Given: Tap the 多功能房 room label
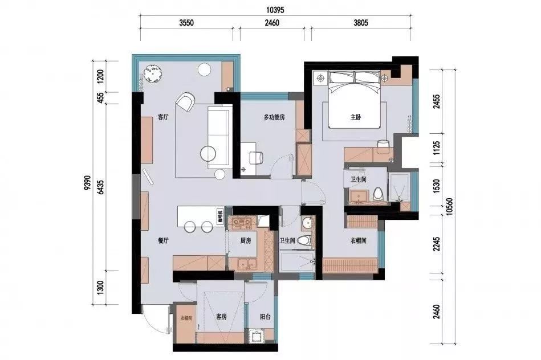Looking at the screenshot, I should click(x=274, y=118).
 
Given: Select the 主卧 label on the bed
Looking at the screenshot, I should click(x=356, y=118).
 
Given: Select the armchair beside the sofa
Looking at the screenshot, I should click(x=185, y=102).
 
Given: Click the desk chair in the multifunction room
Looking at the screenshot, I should click(x=256, y=157).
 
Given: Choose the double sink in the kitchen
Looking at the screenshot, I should click(x=246, y=263).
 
